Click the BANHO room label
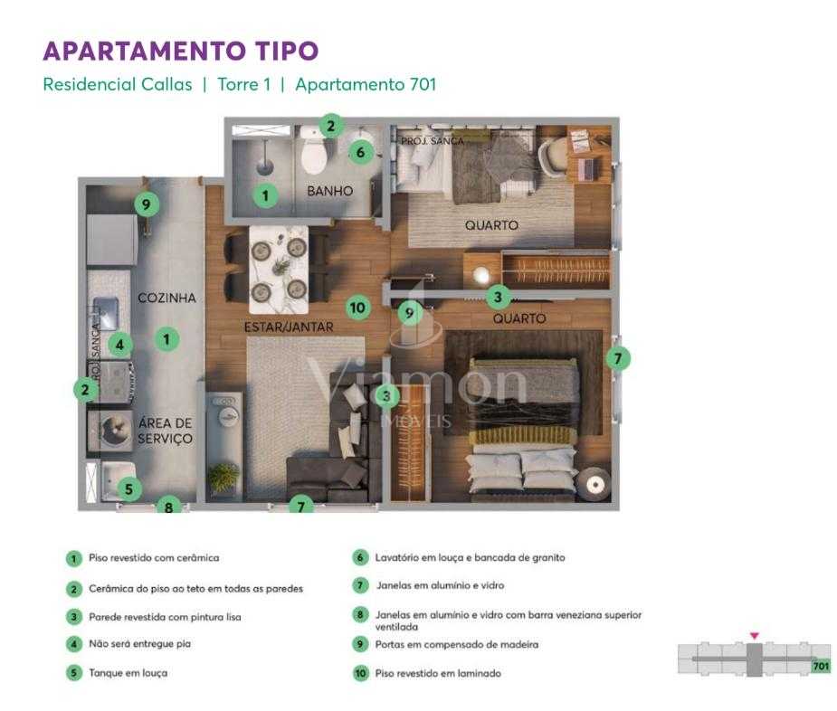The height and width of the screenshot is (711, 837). tap(329, 192)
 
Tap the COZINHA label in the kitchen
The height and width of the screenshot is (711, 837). tap(166, 298)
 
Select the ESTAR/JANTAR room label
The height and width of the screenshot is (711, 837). tap(289, 327)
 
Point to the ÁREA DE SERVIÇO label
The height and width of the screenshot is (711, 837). tap(165, 431)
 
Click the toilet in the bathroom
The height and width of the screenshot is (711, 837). tap(314, 155)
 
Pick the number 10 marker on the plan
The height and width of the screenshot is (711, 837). tap(357, 308)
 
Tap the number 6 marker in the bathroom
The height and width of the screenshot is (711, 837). tap(360, 152)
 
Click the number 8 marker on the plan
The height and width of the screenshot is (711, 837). tap(168, 507)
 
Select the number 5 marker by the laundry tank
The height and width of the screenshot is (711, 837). tap(128, 489)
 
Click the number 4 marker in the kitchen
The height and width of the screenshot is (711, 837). tap(119, 344)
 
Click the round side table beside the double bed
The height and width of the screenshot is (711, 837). tap(594, 485)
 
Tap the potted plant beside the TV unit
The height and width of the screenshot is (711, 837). tap(224, 476)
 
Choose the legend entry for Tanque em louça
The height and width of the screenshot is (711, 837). tap(128, 673)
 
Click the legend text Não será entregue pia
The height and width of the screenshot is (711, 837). tap(139, 644)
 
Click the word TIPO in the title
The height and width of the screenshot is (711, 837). tap(278, 51)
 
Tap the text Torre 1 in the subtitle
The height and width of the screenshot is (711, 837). tap(243, 84)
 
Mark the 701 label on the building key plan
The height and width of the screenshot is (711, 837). tap(821, 667)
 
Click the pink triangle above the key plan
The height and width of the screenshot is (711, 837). tap(754, 636)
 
